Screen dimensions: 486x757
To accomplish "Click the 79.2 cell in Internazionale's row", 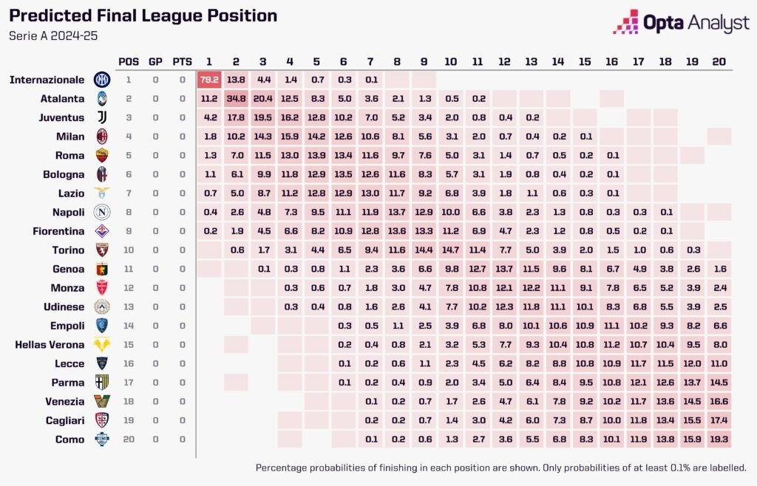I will pos(208,79).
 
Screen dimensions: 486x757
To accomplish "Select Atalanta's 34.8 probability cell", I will pos(236,98).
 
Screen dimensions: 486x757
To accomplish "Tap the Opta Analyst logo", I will pos(681,23).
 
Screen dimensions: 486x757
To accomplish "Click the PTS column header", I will pos(182,61).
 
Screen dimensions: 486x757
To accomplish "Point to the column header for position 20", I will pos(718,61).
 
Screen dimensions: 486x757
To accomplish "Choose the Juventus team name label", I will pos(61,117).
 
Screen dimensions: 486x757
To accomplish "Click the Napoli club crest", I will pos(101,212).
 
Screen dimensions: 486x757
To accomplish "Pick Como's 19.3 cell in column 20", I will pos(718,439).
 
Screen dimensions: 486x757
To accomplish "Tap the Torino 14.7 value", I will pos(450,250).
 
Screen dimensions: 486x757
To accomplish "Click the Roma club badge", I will pos(101,155).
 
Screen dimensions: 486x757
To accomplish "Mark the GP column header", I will pos(155,61).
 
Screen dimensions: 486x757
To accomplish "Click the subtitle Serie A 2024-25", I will pos(52,35).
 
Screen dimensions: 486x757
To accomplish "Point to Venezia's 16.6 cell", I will pos(718,401).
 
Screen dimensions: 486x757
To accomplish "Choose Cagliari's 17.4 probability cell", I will pos(718,420).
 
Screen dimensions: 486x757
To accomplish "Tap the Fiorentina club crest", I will pos(101,230).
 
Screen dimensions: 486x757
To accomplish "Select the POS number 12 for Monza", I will pos(128,287).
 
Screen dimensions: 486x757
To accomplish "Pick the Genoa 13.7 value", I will pos(504,269).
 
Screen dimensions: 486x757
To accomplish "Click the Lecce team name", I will pos(69,363).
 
